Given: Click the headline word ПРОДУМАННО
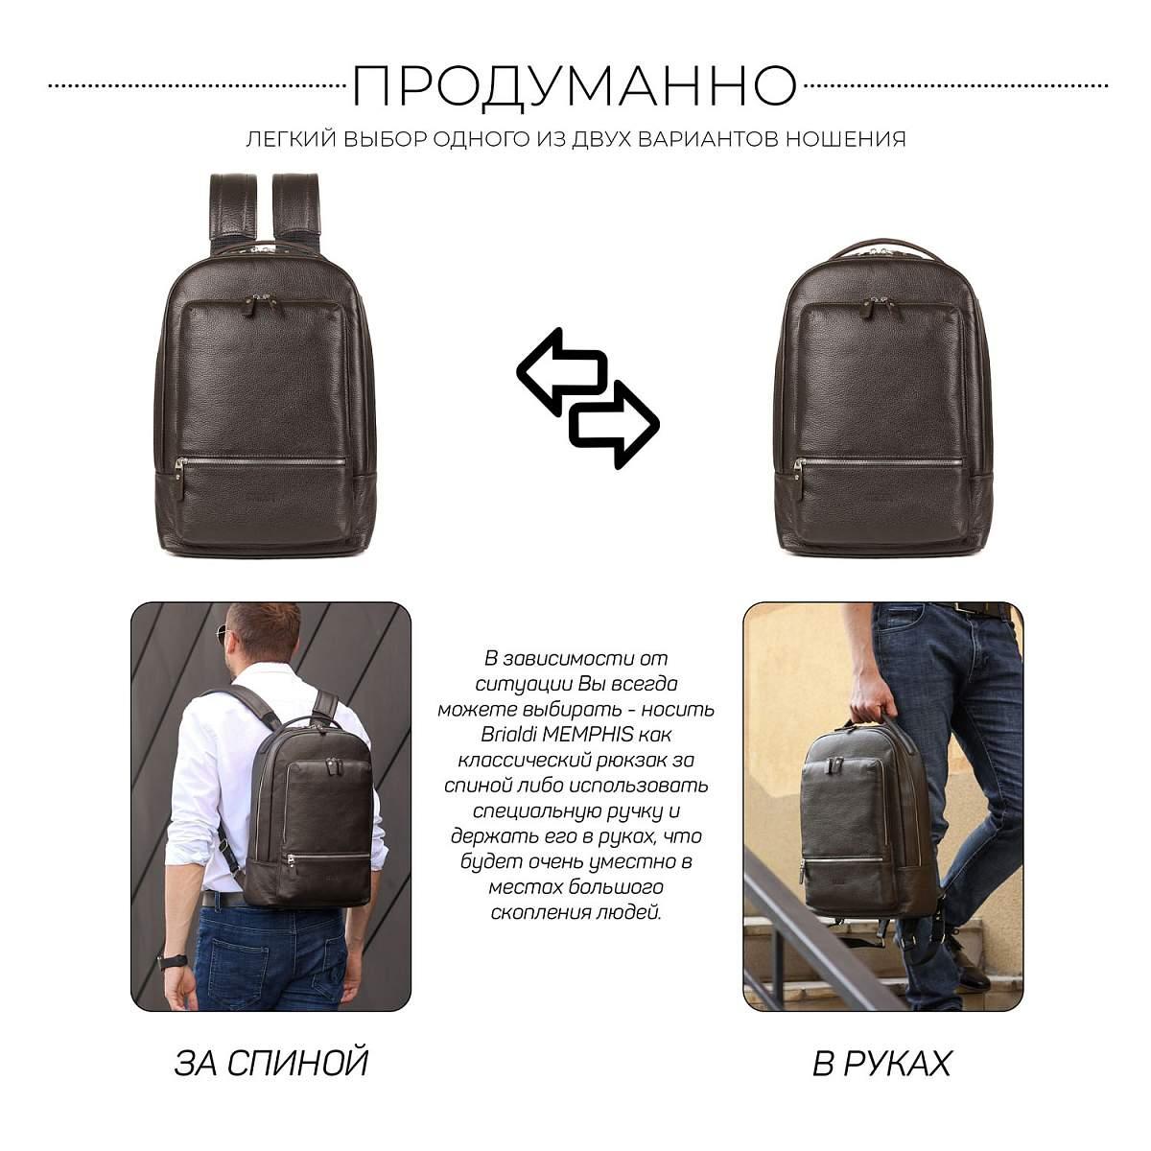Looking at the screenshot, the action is tap(575, 87).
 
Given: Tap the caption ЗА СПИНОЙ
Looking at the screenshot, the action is tap(271, 1063).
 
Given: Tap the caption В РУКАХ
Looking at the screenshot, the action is tap(881, 1063).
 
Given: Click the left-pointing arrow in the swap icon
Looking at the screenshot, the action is tap(561, 371).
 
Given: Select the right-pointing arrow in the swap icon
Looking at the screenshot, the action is tap(615, 424).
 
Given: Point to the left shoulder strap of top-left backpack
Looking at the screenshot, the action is tap(233, 208).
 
